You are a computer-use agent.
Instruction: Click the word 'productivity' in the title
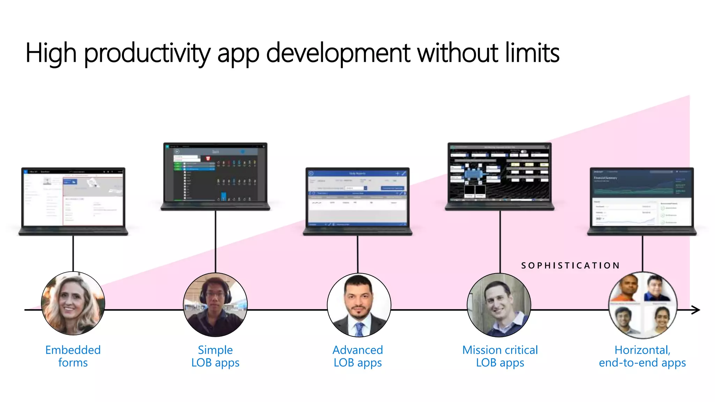147,53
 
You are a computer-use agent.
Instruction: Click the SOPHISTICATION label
570,266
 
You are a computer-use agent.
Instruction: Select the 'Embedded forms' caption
73,356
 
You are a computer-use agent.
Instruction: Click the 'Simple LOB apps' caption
215,356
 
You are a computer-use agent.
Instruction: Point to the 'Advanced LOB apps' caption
357,356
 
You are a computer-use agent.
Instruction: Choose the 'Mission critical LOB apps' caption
500,356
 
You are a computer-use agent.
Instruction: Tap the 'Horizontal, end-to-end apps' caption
642,356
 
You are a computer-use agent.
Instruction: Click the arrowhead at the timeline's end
696,310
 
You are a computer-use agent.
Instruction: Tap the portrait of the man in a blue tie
359,305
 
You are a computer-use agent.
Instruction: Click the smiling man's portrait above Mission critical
499,305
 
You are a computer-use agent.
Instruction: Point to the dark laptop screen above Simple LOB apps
215,173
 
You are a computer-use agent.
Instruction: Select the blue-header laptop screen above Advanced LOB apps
357,198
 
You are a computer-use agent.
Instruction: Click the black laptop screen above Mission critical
500,173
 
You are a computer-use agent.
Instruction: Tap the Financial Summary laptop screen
642,198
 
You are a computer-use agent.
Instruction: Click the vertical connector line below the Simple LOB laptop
215,241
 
